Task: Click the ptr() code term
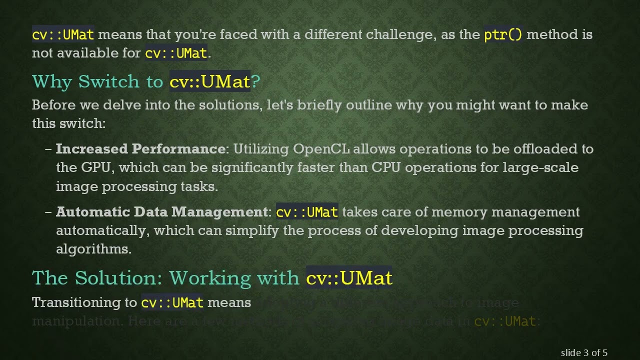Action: pyautogui.click(x=503, y=35)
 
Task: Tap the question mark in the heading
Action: pyautogui.click(x=255, y=82)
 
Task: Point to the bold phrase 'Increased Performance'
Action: pyautogui.click(x=140, y=149)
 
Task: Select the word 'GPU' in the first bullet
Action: pyautogui.click(x=95, y=167)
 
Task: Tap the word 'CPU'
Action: pyautogui.click(x=386, y=167)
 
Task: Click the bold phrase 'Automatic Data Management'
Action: pyautogui.click(x=162, y=212)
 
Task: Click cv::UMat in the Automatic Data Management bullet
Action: pyautogui.click(x=307, y=212)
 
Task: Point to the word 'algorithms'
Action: pyautogui.click(x=92, y=249)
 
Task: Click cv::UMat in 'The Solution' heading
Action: pyautogui.click(x=349, y=278)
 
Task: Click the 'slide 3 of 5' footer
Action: pyautogui.click(x=584, y=353)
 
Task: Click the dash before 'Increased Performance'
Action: pyautogui.click(x=48, y=149)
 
